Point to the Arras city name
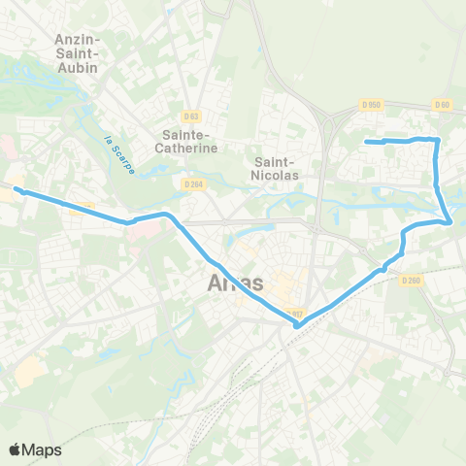(236, 283)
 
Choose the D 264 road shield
(192, 182)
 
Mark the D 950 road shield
(370, 105)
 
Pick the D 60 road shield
(443, 105)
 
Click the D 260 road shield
(412, 281)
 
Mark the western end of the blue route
(16, 189)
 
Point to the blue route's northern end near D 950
(367, 143)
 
